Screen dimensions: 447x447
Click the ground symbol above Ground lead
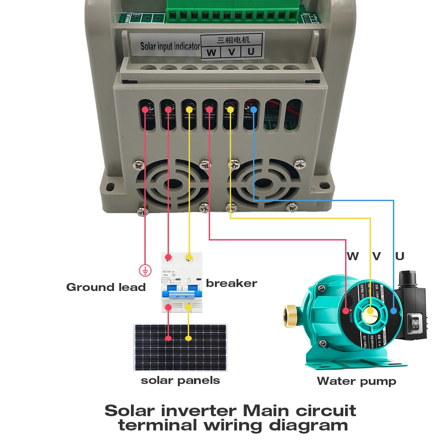(144, 270)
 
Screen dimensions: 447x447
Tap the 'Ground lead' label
(106, 287)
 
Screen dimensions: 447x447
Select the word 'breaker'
(232, 283)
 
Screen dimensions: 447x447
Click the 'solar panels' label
(180, 380)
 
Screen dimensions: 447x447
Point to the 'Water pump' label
(356, 381)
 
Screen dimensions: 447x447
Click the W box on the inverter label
(211, 52)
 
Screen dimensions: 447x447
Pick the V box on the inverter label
(231, 52)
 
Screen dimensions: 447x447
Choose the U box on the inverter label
(251, 52)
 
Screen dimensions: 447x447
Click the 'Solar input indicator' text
(170, 46)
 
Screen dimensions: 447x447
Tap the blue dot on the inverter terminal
(253, 110)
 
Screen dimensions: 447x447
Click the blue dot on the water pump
(393, 311)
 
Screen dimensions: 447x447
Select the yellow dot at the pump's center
(371, 311)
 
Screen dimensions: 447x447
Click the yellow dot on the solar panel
(189, 338)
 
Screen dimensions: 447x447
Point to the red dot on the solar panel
(168, 338)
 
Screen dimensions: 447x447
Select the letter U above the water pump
(400, 256)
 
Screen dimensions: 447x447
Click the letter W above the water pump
(353, 256)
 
